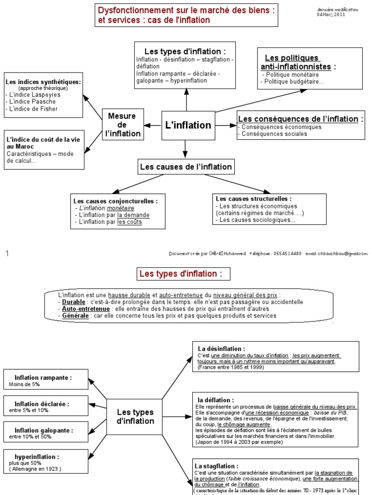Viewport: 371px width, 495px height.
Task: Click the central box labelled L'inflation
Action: (188, 125)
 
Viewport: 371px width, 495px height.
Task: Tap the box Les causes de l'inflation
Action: (185, 167)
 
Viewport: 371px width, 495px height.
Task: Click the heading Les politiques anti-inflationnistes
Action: (296, 62)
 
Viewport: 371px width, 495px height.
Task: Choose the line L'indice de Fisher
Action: (34, 109)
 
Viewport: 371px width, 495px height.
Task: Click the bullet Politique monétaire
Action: (292, 75)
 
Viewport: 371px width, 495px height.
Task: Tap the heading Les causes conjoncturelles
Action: (115, 201)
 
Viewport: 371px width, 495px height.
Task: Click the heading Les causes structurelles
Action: (254, 199)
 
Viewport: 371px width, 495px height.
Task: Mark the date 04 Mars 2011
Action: (331, 15)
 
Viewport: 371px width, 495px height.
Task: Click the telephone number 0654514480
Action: (287, 253)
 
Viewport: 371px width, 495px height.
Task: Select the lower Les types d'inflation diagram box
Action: (135, 417)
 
